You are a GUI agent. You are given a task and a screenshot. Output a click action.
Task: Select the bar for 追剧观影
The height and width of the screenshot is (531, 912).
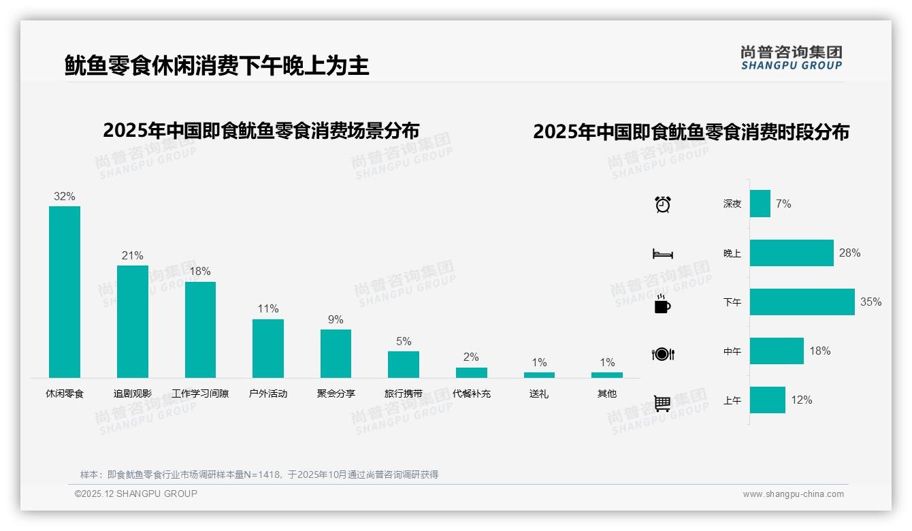click(133, 321)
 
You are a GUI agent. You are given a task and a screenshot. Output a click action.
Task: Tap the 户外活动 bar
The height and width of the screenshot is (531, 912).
click(268, 348)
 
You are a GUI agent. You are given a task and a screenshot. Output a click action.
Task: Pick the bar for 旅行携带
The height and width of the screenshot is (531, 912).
click(404, 364)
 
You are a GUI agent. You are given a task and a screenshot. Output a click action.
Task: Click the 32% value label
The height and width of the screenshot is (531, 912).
click(65, 197)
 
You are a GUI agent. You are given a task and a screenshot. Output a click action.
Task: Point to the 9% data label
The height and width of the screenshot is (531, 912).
click(336, 320)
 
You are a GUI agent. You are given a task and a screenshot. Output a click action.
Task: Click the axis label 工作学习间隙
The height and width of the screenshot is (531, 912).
click(200, 393)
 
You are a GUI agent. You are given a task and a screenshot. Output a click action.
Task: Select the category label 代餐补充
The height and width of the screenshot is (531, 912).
click(471, 393)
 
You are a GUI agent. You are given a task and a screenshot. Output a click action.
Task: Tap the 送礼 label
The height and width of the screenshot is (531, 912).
click(539, 393)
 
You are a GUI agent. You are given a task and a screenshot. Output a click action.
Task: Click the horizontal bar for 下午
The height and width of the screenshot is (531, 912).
click(802, 302)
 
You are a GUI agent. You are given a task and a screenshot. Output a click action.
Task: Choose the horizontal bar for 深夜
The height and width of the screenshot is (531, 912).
click(760, 204)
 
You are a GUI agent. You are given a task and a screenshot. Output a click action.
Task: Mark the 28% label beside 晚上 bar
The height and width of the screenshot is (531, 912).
click(849, 253)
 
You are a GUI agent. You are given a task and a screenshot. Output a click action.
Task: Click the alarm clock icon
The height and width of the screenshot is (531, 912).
click(663, 204)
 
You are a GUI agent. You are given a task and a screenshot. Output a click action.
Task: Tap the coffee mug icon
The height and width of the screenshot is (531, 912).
click(662, 304)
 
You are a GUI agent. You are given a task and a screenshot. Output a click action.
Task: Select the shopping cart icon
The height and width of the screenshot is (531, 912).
click(662, 403)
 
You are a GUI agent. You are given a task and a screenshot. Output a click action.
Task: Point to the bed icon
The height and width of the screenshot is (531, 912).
click(662, 254)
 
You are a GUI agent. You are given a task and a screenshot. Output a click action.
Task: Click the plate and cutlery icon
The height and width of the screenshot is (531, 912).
click(663, 354)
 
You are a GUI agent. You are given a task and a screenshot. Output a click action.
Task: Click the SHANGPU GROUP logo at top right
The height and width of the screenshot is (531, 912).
click(792, 58)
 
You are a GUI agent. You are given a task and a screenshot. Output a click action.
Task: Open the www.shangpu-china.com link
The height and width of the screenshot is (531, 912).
click(793, 494)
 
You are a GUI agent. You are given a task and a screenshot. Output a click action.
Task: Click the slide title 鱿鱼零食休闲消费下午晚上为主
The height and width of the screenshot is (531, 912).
click(217, 66)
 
